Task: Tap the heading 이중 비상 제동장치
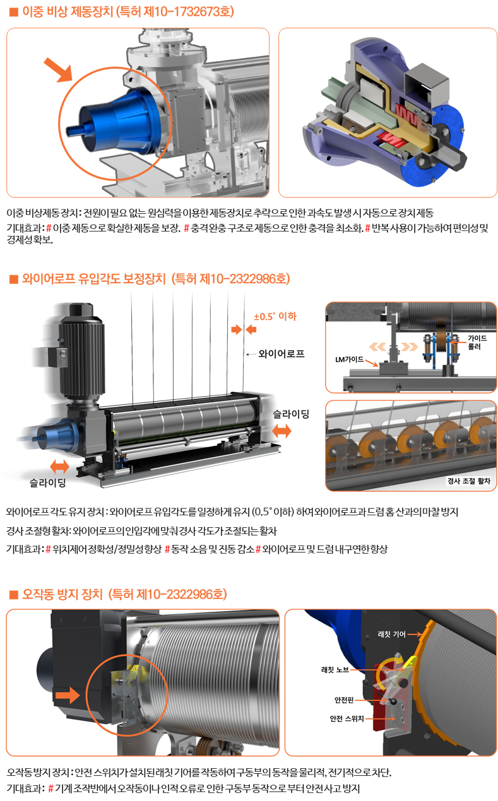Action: click(x=68, y=11)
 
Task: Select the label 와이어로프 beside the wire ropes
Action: click(x=282, y=354)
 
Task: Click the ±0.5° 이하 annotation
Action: click(x=275, y=317)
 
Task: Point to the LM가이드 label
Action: click(x=349, y=360)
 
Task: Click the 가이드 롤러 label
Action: click(x=477, y=342)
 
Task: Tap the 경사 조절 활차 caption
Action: click(x=469, y=481)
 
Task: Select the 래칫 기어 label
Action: click(x=392, y=634)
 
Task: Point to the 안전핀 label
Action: click(x=344, y=700)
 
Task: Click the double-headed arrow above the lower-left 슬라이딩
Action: click(x=59, y=467)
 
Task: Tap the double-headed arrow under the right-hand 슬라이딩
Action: click(x=282, y=431)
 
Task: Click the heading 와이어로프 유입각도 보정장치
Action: click(x=94, y=279)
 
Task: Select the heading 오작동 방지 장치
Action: click(x=62, y=594)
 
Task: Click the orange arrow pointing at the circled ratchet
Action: click(x=68, y=696)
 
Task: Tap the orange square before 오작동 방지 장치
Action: click(x=14, y=594)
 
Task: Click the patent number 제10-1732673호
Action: click(x=186, y=11)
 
